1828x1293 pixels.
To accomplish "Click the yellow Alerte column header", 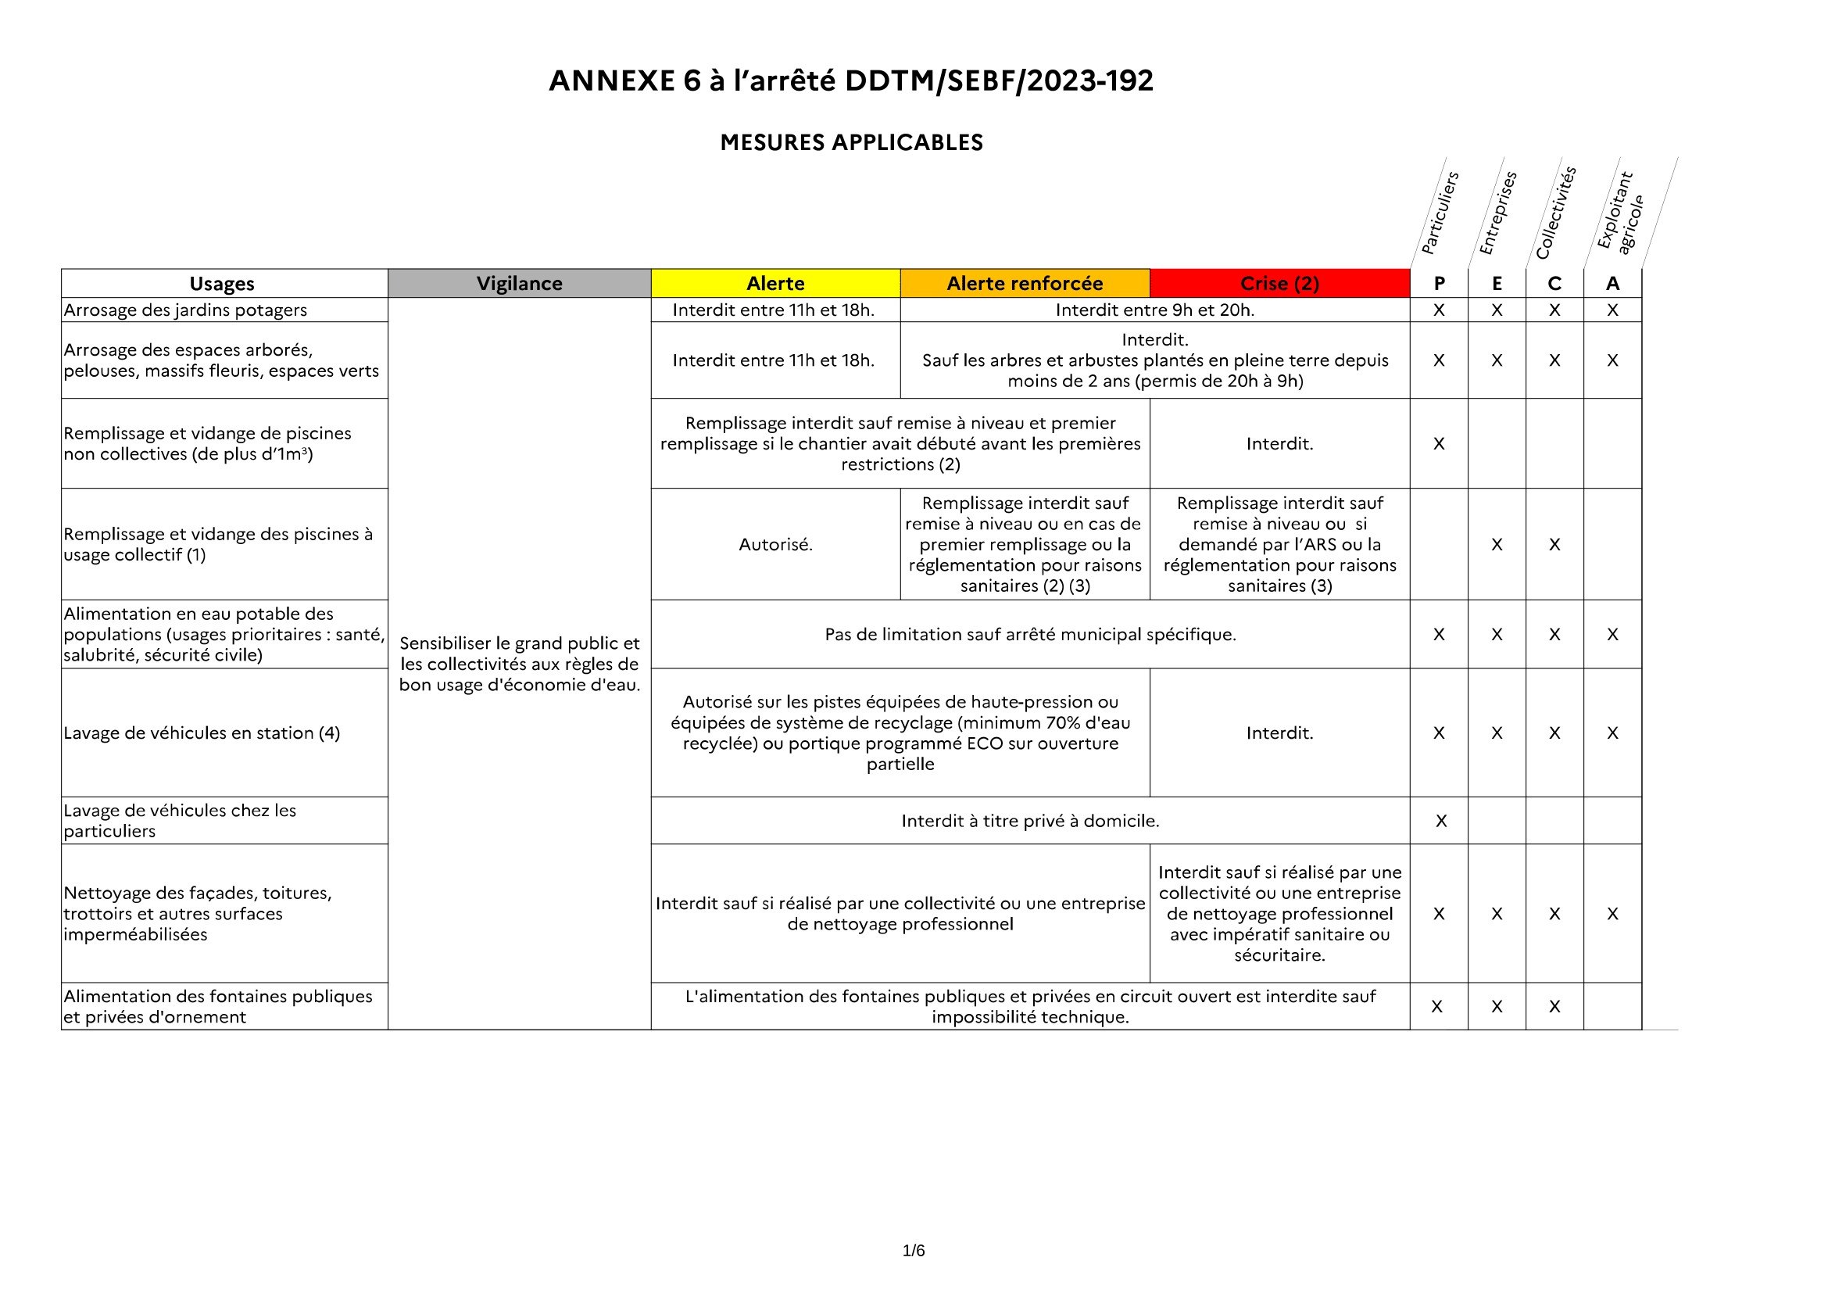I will click(774, 284).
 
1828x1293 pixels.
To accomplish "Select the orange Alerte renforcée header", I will click(1025, 284).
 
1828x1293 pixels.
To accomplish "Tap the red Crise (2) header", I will click(1279, 284).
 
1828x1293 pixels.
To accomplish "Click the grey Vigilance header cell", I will click(519, 284).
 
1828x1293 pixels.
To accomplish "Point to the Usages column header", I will click(222, 284).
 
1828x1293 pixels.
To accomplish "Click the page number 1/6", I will click(913, 1251).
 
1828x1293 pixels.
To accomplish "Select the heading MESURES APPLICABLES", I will click(851, 142).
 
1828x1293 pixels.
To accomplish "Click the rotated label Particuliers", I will click(1440, 213).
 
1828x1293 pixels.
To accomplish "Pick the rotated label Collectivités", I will click(1556, 213).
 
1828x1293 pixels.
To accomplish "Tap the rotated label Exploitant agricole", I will click(1619, 213).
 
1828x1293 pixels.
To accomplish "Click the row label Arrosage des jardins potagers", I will click(185, 310).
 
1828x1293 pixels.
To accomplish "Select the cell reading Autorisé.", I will click(775, 545).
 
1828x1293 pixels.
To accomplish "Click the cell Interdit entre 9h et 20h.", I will click(1154, 310).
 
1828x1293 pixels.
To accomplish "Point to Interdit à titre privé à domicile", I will click(1030, 821).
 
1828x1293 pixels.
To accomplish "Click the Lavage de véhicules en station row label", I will click(202, 732).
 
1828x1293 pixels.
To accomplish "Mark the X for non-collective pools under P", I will click(1439, 443).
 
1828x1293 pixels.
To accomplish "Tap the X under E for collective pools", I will click(1497, 545).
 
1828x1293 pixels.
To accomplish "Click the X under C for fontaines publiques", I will click(1554, 1006).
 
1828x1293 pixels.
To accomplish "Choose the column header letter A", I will click(1612, 284).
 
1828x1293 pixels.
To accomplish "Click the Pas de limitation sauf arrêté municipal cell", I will click(1030, 635).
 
